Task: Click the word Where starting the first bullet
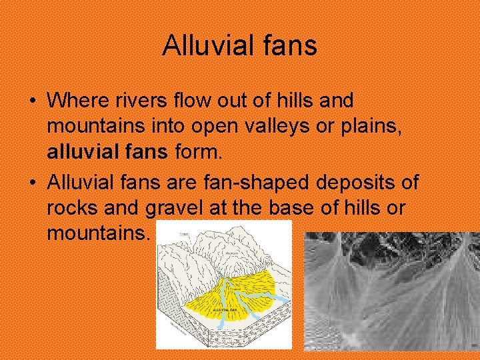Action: pyautogui.click(x=73, y=101)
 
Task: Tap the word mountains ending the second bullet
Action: pyautogui.click(x=99, y=233)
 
